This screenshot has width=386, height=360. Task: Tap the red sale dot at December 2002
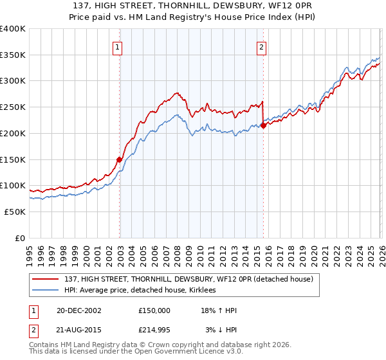click(120, 159)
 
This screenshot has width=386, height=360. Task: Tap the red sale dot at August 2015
click(264, 125)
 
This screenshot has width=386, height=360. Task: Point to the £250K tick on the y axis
click(13, 107)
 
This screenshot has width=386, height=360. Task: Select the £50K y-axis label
click(15, 212)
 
